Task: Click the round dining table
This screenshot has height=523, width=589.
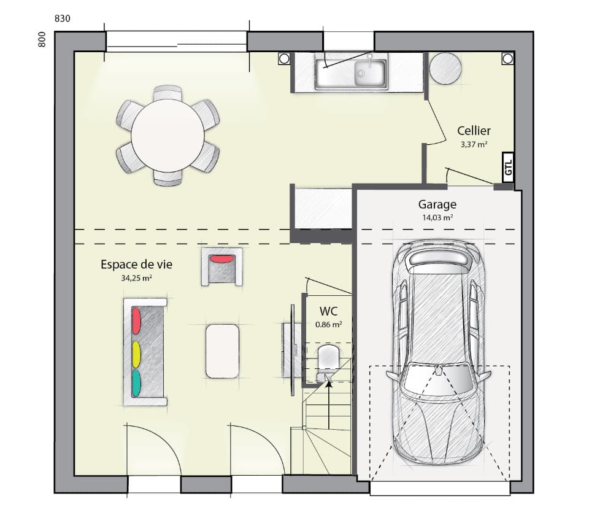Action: coord(167,136)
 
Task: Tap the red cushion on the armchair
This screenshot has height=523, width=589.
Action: coord(222,258)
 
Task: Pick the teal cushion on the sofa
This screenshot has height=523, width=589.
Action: coord(136,382)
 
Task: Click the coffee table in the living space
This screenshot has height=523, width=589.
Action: coord(222,351)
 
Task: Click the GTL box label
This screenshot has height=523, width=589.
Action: coord(508,167)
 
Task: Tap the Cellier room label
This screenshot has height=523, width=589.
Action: coord(474,131)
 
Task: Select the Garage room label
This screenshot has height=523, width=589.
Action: coord(437,205)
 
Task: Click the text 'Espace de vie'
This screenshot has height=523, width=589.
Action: coord(136,265)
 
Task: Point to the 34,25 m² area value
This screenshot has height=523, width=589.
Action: coord(136,278)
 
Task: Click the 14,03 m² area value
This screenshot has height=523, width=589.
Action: coord(437,217)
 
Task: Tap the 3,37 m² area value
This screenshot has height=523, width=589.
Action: coord(474,145)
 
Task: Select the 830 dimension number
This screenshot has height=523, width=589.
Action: coord(63,18)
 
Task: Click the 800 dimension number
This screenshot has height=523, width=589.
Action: coord(42,40)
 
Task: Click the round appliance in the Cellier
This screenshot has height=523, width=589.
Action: coord(445,68)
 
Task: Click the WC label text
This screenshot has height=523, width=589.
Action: coord(328,311)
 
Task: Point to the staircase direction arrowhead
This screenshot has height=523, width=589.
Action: coord(328,384)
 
